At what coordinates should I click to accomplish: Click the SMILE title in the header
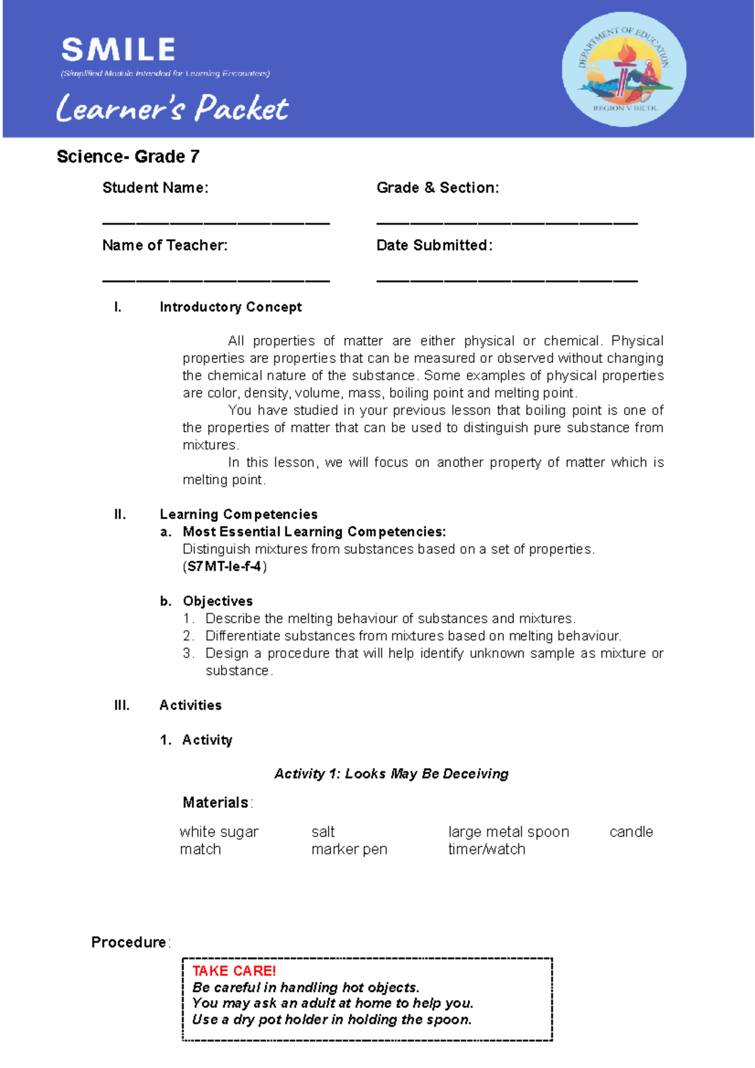pyautogui.click(x=118, y=50)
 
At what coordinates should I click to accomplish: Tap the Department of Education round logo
pyautogui.click(x=624, y=69)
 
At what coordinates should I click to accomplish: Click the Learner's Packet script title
pyautogui.click(x=172, y=108)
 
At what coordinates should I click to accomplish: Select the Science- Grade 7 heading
pyautogui.click(x=128, y=157)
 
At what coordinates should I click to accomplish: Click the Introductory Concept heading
pyautogui.click(x=230, y=307)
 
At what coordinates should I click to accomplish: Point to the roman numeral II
pyautogui.click(x=120, y=515)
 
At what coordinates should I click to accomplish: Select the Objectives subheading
pyautogui.click(x=218, y=601)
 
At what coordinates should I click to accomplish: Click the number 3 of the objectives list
pyautogui.click(x=187, y=654)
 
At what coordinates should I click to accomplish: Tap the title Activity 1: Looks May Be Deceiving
pyautogui.click(x=391, y=774)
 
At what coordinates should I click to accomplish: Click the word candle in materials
pyautogui.click(x=631, y=832)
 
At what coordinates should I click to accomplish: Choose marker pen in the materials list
pyautogui.click(x=349, y=850)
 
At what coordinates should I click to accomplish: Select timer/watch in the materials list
pyautogui.click(x=486, y=850)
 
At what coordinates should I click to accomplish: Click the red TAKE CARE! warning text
pyautogui.click(x=234, y=971)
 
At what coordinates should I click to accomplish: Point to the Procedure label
pyautogui.click(x=129, y=942)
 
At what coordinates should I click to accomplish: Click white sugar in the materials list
pyautogui.click(x=219, y=832)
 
